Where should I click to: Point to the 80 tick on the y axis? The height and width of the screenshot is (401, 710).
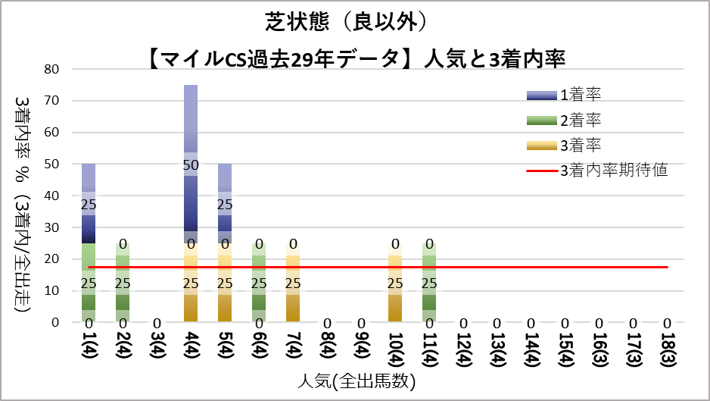52,69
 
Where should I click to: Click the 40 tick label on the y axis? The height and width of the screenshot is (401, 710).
52,196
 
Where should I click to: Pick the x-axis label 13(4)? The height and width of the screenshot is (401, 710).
497,350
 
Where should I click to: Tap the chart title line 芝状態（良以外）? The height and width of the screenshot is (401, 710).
356,22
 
